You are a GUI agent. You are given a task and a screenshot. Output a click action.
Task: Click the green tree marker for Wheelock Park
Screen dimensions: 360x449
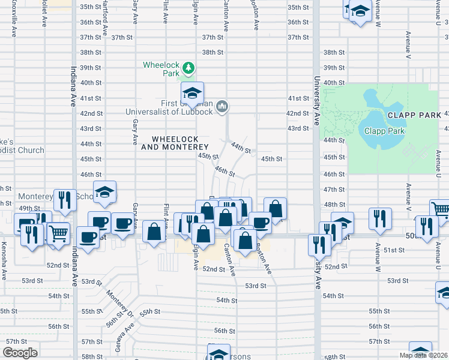click(188, 67)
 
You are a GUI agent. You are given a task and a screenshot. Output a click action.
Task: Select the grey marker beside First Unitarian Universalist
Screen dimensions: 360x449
click(222, 107)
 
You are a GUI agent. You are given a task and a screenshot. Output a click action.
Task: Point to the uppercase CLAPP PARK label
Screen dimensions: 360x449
click(409, 115)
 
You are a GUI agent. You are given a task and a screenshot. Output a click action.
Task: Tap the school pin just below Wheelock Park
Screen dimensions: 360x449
click(193, 93)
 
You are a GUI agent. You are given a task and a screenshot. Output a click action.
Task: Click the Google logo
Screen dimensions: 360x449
click(20, 353)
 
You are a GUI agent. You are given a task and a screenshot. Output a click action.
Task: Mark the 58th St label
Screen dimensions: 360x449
click(91, 356)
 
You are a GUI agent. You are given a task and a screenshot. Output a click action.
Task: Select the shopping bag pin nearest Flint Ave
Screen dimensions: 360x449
click(154, 232)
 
